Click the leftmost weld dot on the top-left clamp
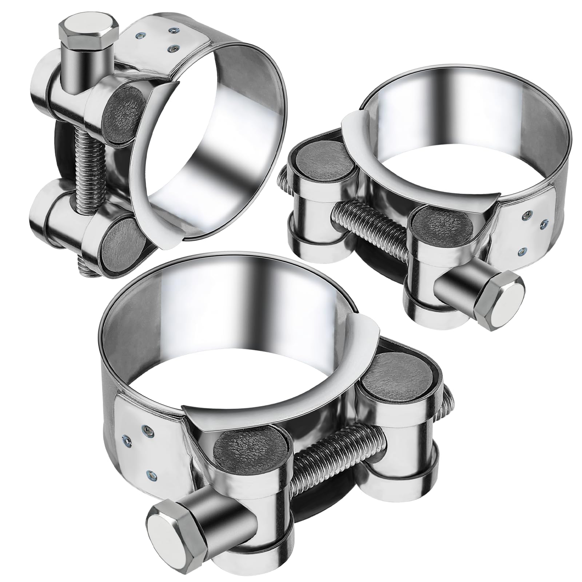click(x=139, y=35)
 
